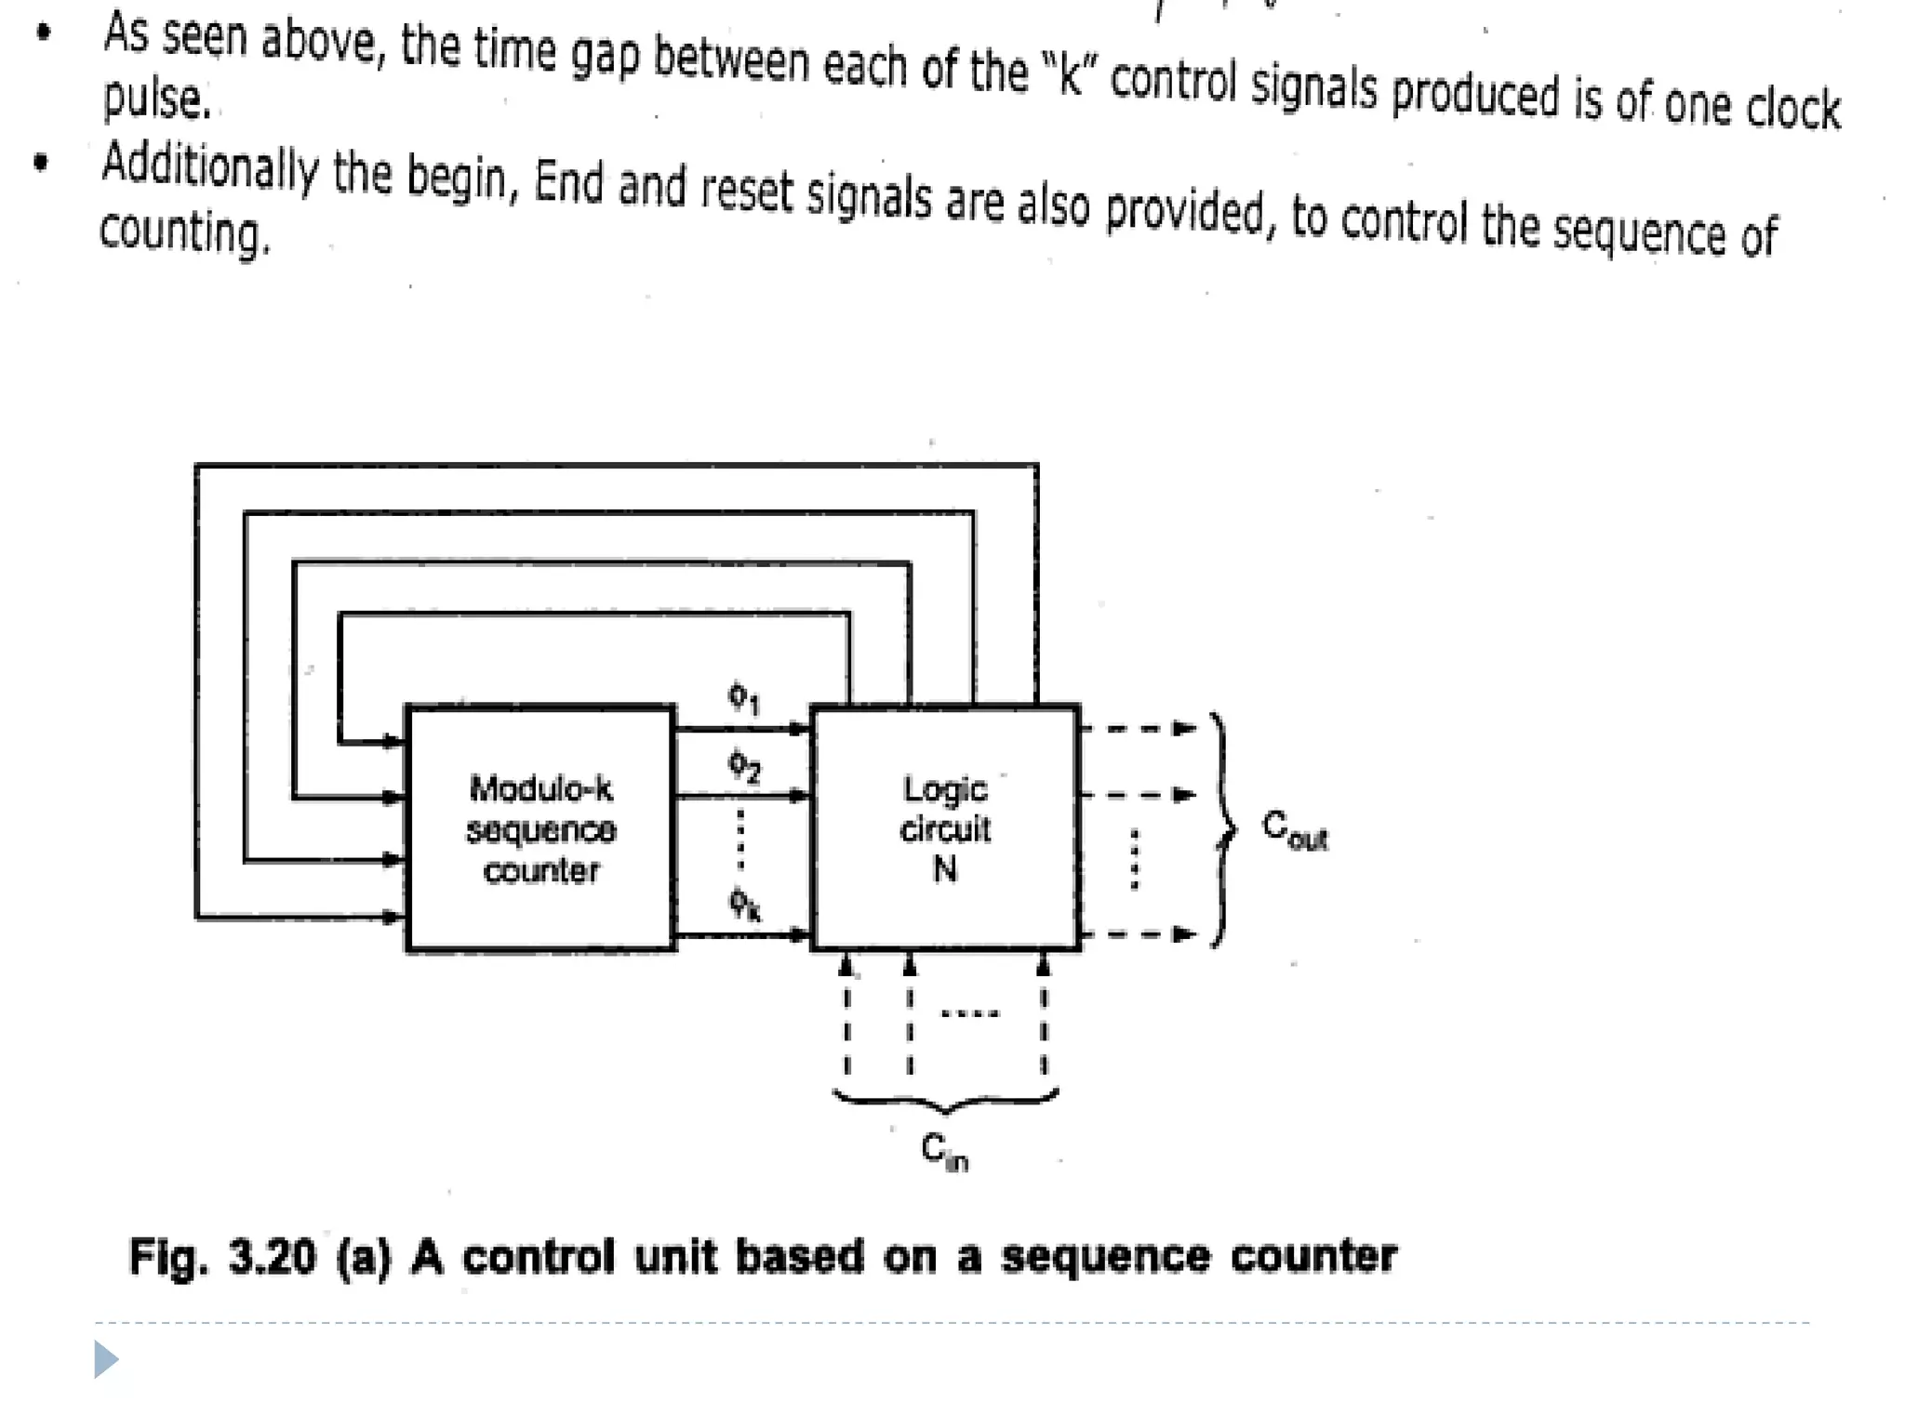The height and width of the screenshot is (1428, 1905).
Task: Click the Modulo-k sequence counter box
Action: click(x=540, y=828)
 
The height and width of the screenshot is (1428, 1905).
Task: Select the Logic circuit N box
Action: click(x=945, y=828)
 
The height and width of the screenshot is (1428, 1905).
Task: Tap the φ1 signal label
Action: click(x=743, y=697)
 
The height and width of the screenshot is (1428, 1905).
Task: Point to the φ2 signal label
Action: click(x=744, y=767)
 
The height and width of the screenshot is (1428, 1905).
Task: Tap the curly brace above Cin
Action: click(x=945, y=1102)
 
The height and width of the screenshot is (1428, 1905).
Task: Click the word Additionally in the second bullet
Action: click(x=209, y=166)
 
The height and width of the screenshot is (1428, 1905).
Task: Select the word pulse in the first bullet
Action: click(x=156, y=99)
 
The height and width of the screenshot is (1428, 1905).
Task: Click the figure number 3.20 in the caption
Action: click(x=272, y=1257)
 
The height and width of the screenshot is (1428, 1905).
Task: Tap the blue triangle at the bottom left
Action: click(x=106, y=1359)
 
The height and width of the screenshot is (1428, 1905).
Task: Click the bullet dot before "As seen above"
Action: click(x=43, y=33)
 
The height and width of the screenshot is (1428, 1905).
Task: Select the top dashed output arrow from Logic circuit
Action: click(x=1139, y=728)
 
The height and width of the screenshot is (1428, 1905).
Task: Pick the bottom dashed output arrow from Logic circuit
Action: click(x=1139, y=933)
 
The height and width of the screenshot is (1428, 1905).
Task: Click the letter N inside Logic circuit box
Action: click(x=945, y=869)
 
